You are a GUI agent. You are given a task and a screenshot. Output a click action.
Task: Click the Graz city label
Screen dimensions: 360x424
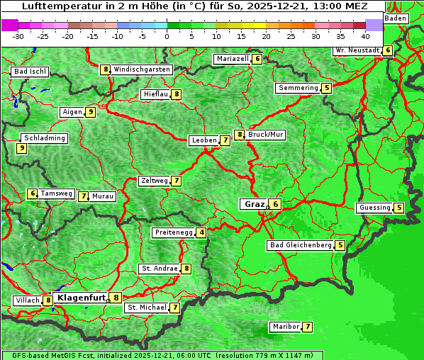coord(254,204)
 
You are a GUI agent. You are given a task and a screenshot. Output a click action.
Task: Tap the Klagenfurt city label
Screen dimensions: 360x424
coord(81,298)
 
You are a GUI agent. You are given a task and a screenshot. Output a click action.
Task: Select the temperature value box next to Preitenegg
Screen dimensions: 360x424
coord(202,232)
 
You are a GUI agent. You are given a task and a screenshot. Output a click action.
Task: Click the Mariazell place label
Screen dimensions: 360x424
coord(233,59)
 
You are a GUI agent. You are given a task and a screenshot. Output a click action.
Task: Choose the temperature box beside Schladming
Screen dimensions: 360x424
coord(22,148)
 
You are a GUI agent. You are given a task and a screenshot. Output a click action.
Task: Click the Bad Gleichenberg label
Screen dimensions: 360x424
coord(300,245)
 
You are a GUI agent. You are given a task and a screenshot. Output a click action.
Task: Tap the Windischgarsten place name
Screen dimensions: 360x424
coord(142,69)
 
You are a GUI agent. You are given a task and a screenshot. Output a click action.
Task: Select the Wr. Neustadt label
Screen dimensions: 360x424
coord(357,50)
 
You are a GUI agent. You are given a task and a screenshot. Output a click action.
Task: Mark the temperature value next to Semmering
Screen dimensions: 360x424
coord(326,88)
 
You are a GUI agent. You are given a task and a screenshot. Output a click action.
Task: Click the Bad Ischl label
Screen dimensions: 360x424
coord(30,72)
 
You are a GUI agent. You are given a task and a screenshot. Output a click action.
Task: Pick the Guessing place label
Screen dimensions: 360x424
coord(374,208)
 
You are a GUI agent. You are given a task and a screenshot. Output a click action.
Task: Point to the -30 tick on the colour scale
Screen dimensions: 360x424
coord(18,35)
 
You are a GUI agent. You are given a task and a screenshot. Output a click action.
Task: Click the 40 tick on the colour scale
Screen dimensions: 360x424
coord(365,35)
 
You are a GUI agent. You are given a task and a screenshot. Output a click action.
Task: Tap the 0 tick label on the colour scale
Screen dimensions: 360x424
coord(167,35)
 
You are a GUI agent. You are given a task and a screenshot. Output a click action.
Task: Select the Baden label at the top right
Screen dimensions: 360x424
coord(396,18)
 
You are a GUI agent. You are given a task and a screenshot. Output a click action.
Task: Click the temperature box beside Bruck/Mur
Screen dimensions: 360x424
coord(240,135)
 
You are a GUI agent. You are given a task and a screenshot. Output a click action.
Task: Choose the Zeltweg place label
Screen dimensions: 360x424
coord(154,181)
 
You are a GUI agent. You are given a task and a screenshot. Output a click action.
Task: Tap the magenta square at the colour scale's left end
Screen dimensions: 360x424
coord(9,25)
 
